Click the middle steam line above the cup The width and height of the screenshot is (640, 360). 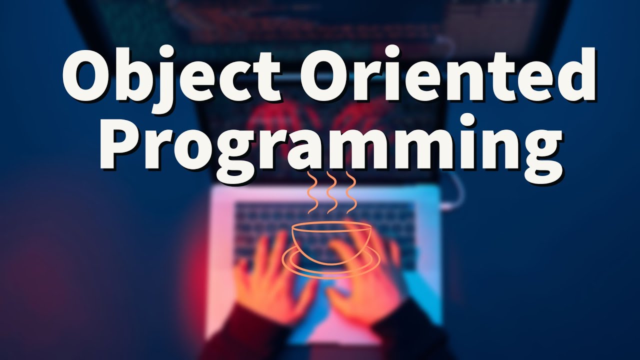(331, 192)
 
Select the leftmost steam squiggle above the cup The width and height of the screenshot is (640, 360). (313, 192)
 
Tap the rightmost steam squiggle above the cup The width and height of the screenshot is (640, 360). (350, 192)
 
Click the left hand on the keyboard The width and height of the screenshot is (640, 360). (270, 280)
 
